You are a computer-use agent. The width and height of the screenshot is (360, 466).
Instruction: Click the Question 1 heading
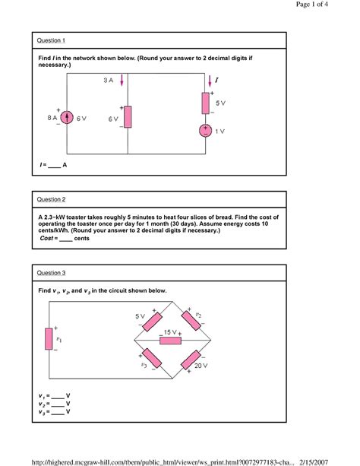(51, 40)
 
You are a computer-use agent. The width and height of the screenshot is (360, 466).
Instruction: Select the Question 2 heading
(51, 199)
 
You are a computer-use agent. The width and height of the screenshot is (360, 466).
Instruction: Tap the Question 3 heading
(51, 273)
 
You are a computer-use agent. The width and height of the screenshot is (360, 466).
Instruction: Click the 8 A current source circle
(67, 117)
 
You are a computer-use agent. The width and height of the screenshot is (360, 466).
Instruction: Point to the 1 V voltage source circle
(205, 131)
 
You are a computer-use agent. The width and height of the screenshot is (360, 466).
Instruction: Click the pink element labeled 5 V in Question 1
(206, 103)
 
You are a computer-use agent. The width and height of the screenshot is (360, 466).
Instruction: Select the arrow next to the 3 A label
(122, 80)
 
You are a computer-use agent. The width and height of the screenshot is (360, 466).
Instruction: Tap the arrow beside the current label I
(210, 81)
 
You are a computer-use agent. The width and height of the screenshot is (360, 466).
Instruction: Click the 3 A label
(109, 81)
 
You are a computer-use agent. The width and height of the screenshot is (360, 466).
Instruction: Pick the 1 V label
(219, 132)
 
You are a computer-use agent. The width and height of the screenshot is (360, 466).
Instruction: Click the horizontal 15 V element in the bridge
(170, 341)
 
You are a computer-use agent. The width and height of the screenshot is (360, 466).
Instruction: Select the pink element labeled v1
(49, 339)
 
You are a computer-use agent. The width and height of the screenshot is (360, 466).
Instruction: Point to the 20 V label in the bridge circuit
(201, 366)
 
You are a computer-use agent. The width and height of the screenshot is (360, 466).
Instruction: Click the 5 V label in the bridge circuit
(140, 316)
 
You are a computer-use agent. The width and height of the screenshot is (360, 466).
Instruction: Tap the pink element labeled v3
(152, 358)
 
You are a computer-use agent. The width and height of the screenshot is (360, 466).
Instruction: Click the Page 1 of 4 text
(312, 4)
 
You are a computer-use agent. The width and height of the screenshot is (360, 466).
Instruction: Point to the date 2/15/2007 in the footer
(314, 462)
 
